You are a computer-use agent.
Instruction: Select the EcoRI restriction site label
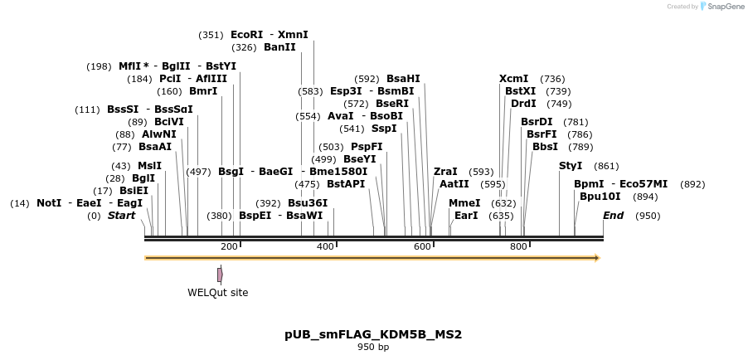click(x=246, y=35)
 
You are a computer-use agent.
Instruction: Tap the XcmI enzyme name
click(x=513, y=79)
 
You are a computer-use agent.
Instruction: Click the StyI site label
click(x=571, y=166)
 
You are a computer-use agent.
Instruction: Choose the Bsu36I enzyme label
click(x=308, y=202)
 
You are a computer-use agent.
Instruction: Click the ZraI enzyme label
click(x=445, y=172)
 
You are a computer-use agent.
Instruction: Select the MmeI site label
click(x=464, y=202)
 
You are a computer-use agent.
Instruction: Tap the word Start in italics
click(x=121, y=216)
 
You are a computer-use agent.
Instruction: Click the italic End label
click(x=613, y=216)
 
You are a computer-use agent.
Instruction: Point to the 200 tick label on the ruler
click(x=229, y=246)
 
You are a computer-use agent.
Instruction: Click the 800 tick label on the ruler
click(x=519, y=246)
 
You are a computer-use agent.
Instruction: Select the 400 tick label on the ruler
click(x=326, y=246)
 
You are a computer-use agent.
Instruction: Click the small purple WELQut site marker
click(x=220, y=275)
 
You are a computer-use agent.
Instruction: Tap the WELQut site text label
click(x=217, y=293)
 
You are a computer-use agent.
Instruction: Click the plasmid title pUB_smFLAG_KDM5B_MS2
click(x=373, y=334)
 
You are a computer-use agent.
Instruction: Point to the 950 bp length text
click(x=373, y=347)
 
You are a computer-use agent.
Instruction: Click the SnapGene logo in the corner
click(x=721, y=7)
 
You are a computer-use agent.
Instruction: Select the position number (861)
click(x=607, y=166)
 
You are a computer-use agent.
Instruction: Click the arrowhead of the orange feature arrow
click(x=595, y=258)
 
